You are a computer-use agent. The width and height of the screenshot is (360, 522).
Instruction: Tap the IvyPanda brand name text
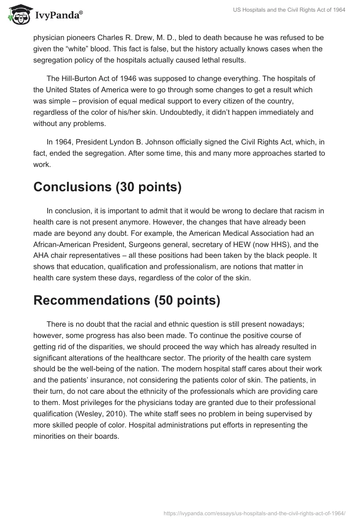pos(58,15)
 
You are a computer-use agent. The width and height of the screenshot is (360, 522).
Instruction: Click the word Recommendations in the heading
pos(92,301)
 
